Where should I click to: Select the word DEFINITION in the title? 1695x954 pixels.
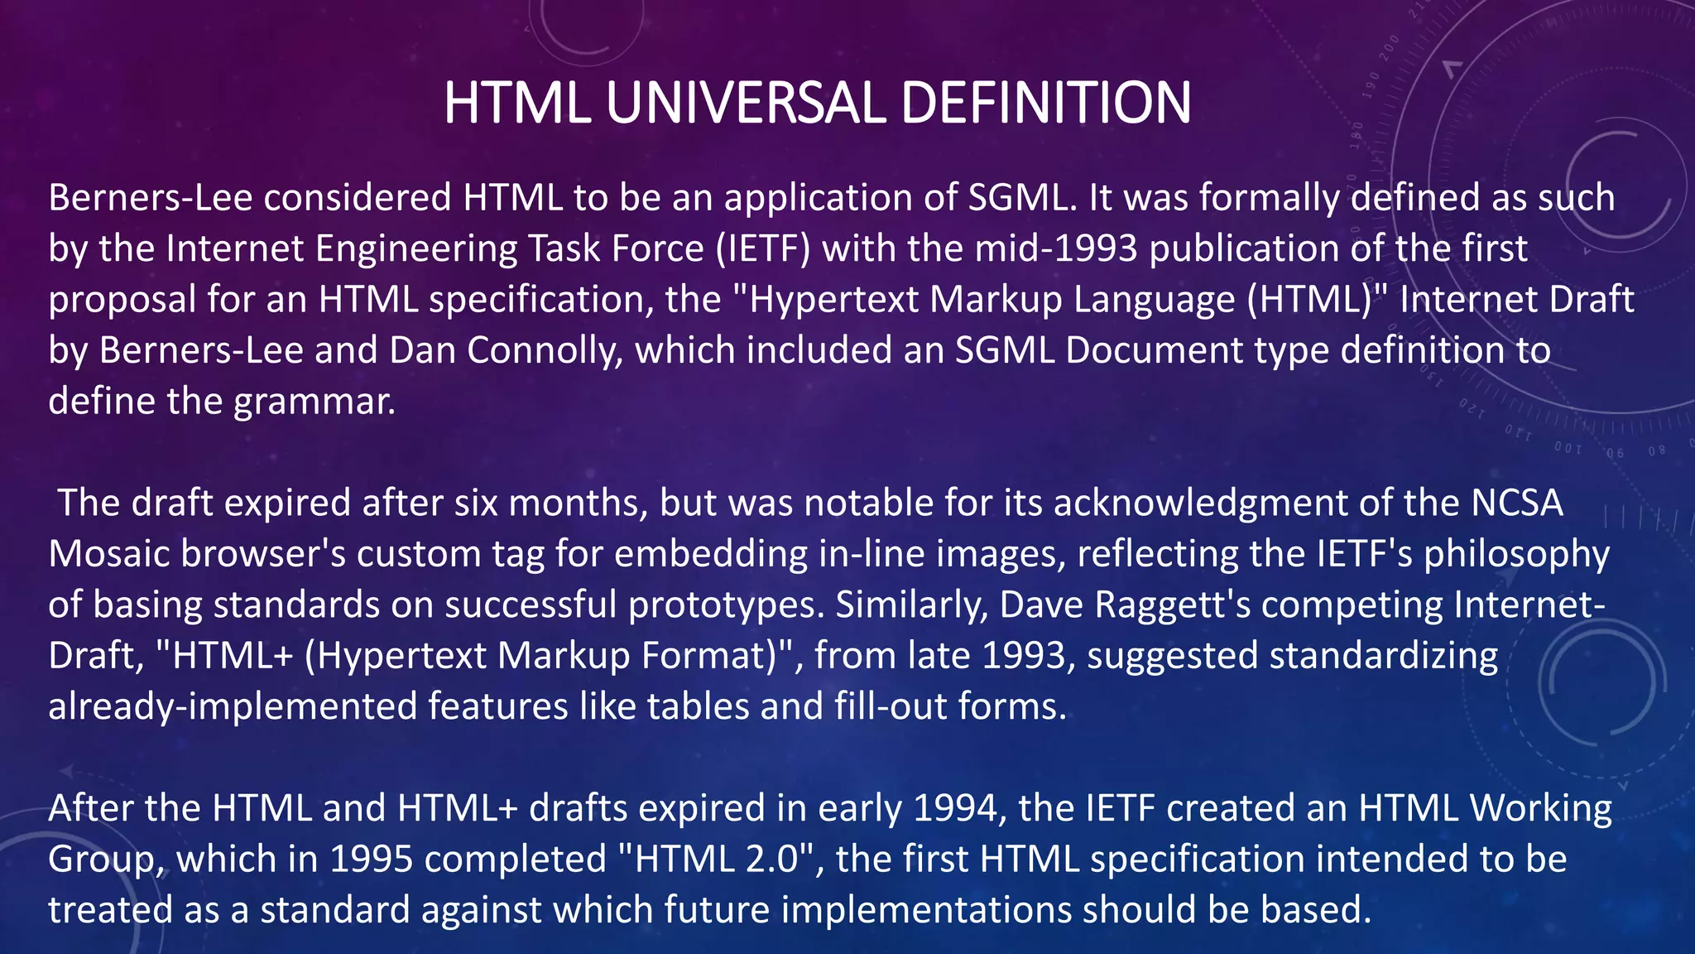coord(1045,103)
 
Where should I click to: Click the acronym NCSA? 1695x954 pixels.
coord(1516,503)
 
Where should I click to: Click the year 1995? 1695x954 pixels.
coord(371,860)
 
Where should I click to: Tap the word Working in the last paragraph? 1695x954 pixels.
coord(1541,808)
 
